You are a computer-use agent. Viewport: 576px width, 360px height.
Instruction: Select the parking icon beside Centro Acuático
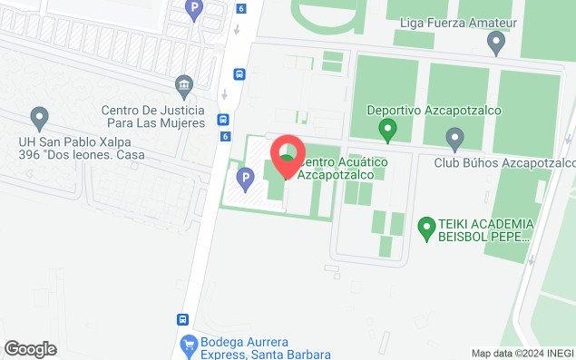(242, 176)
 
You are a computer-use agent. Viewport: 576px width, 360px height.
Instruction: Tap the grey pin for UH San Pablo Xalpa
(39, 117)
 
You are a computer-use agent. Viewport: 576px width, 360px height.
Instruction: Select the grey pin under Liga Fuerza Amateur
(496, 41)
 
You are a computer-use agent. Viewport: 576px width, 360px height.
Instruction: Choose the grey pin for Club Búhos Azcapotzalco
(455, 138)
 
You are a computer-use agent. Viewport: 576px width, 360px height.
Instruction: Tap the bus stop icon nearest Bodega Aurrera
(182, 320)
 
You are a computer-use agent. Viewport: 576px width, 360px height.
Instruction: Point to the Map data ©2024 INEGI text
(522, 353)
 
